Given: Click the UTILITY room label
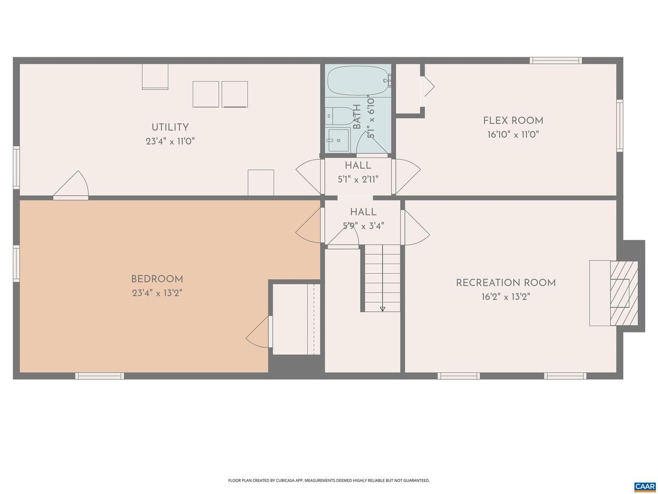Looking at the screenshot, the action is point(170,127).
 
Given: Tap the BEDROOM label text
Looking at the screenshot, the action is point(157,279).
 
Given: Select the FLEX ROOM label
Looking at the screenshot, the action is point(513,121).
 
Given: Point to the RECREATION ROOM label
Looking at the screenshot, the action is point(506,283).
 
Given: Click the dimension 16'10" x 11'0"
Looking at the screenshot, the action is point(513,134).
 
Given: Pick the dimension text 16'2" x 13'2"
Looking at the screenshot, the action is point(506,297).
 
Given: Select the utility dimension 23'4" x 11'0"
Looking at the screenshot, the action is point(170,141).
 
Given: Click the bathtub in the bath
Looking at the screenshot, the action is point(358,81).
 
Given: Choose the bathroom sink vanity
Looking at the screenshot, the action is point(338,140).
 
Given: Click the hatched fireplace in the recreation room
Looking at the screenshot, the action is point(624,293).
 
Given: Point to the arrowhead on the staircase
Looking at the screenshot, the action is point(382,309).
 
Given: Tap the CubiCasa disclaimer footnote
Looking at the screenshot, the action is point(329,472).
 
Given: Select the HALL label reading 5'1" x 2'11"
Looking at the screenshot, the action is point(358,172).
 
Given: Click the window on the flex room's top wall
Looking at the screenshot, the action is point(556,60).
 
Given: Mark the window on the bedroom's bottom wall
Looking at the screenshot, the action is point(100,376).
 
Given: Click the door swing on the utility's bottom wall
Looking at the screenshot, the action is point(71,185).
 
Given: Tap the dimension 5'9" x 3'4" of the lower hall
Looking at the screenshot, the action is point(363,226).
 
